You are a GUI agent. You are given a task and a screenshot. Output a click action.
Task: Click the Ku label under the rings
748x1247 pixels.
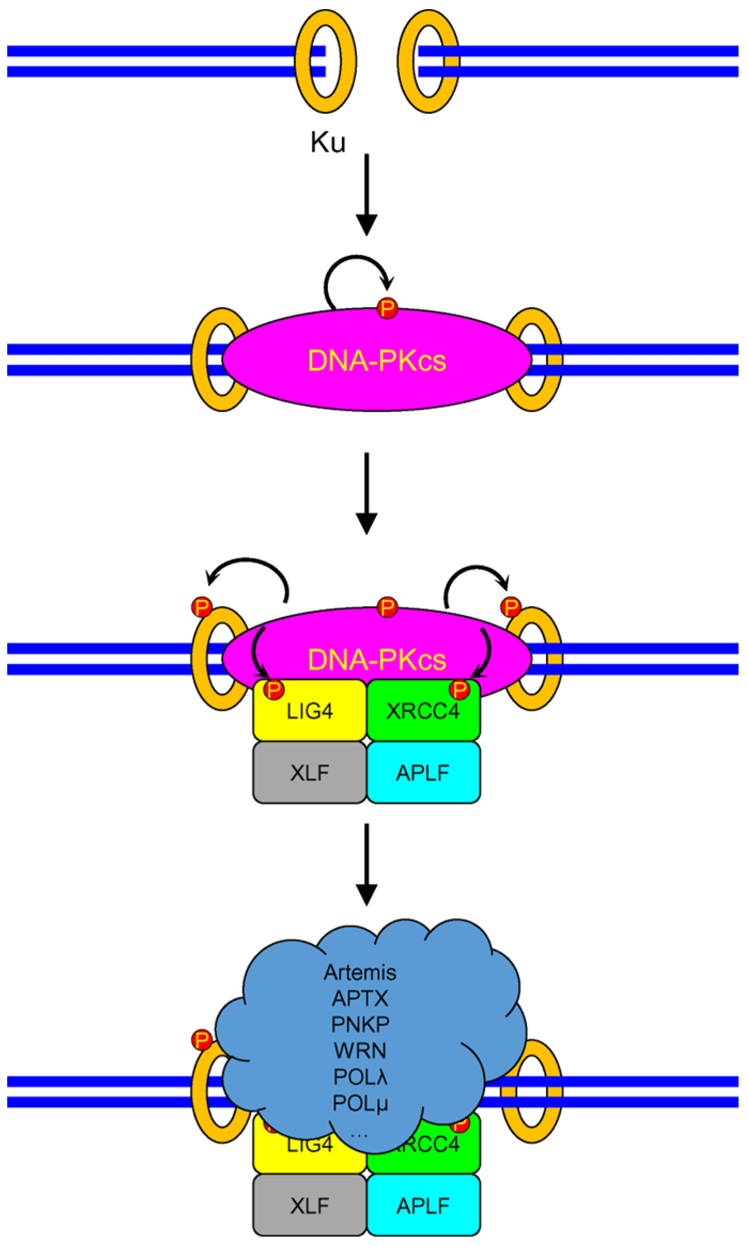click(328, 143)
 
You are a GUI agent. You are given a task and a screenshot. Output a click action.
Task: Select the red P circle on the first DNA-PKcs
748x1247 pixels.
click(387, 308)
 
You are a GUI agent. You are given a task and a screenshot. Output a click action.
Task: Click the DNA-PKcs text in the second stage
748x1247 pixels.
click(377, 361)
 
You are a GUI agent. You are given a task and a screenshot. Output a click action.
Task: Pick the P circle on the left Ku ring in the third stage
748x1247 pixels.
click(202, 607)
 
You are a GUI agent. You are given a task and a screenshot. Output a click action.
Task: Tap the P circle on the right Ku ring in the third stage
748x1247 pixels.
click(511, 607)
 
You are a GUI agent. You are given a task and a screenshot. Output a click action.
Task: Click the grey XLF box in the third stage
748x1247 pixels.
click(310, 773)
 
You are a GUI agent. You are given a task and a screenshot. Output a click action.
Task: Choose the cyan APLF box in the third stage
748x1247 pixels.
click(423, 773)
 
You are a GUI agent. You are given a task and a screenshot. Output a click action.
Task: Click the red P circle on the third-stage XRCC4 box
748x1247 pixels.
click(459, 690)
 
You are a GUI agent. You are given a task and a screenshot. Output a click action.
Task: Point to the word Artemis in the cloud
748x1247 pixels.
click(360, 972)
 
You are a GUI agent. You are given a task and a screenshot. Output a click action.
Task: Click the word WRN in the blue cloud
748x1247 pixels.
click(360, 1050)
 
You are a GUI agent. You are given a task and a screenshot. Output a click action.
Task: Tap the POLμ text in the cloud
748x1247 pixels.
click(360, 1103)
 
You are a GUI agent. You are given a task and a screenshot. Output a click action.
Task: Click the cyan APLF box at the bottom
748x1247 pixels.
click(423, 1206)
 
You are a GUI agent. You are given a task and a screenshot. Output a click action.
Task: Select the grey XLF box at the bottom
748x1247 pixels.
click(310, 1206)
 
